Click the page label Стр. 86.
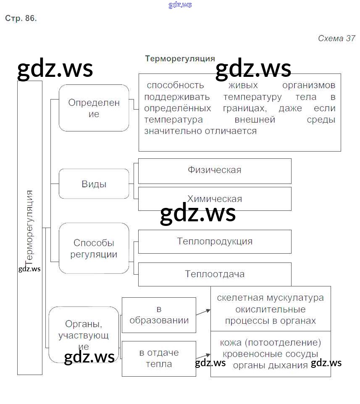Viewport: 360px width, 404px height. click(x=21, y=18)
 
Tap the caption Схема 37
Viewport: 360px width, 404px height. click(x=336, y=38)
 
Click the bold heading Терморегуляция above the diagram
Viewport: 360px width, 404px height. click(x=180, y=59)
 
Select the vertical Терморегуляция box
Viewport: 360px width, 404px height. click(x=30, y=227)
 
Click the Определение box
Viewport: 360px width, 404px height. click(x=94, y=108)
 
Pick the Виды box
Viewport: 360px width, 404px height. click(x=94, y=184)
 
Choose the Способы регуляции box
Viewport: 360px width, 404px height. click(x=94, y=248)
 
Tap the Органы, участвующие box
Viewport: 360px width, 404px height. click(x=84, y=335)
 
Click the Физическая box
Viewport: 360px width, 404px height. click(x=214, y=171)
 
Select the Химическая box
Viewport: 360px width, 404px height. click(x=214, y=199)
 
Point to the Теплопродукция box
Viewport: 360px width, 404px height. click(x=214, y=241)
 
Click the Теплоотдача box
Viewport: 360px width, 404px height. click(x=214, y=274)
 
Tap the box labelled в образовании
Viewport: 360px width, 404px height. click(x=159, y=315)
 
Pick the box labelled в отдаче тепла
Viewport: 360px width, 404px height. click(x=159, y=358)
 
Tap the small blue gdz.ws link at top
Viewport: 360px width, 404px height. click(x=180, y=5)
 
